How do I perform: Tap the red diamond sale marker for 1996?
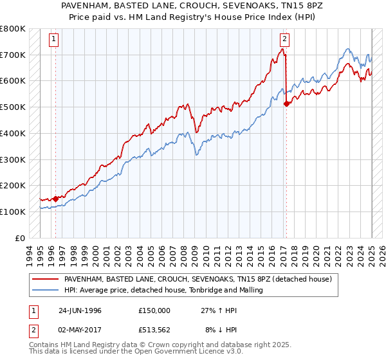(55, 199)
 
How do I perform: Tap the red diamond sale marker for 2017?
(286, 104)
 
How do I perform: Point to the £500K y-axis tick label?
(13, 107)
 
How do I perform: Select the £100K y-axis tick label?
(13, 212)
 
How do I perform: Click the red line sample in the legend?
(46, 280)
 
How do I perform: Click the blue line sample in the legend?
(46, 291)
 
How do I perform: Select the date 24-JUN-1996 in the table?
(80, 310)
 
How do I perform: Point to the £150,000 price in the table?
(154, 310)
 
